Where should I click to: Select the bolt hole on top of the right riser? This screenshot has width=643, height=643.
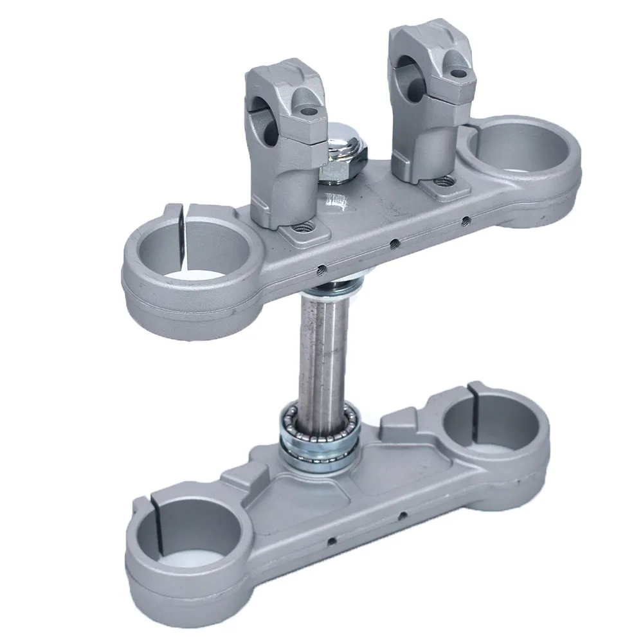[x=457, y=75]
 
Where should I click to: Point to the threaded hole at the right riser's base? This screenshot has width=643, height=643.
[x=444, y=184]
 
